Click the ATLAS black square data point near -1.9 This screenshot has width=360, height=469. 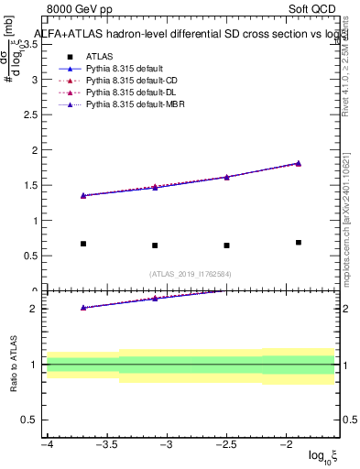click(x=299, y=243)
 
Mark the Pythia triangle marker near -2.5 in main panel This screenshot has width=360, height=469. click(x=226, y=177)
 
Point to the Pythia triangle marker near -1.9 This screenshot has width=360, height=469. click(x=299, y=163)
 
